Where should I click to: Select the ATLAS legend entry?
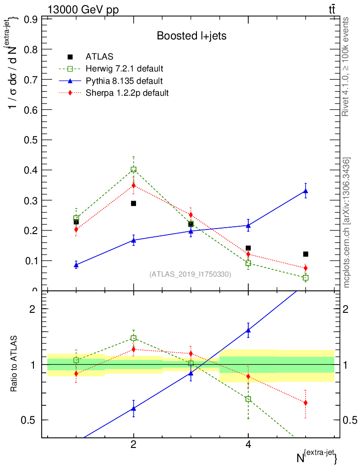pos(99,57)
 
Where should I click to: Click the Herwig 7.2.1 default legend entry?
pos(124,69)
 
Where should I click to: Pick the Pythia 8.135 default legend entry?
pos(124,81)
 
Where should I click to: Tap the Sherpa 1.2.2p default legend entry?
pos(127,93)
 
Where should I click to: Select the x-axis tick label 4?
pos(248,444)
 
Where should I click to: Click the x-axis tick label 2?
pos(133,444)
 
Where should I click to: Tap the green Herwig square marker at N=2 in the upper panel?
pos(133,169)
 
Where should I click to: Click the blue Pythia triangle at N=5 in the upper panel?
pos(305,191)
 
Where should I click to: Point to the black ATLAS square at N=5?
pos(305,254)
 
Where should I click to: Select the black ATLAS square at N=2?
pos(133,203)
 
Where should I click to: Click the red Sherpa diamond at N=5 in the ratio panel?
pos(305,403)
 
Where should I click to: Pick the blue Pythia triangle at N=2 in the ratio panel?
pos(133,408)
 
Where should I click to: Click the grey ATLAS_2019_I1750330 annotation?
pos(190,274)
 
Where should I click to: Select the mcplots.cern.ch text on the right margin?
pos(347,223)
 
